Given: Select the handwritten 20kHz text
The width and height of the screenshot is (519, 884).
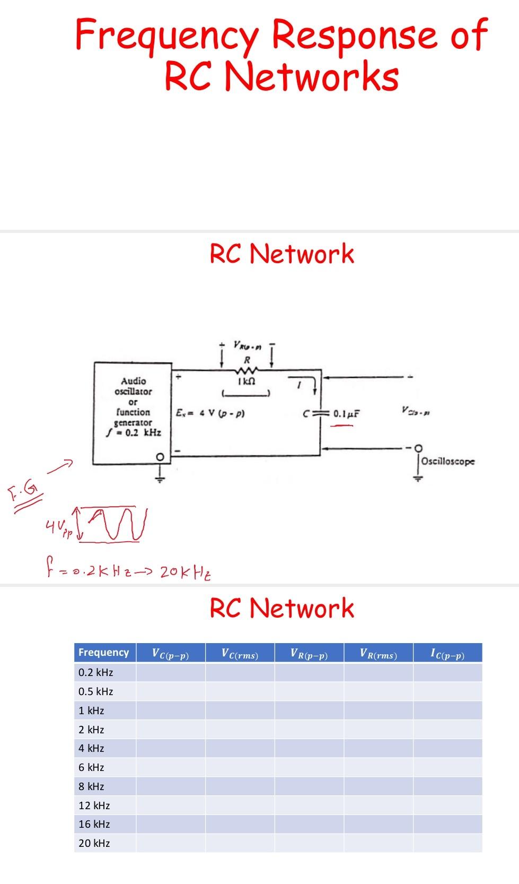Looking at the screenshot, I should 185,572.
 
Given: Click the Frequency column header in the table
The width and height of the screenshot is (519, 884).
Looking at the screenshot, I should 104,652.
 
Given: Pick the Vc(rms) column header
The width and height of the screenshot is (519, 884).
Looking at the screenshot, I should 240,653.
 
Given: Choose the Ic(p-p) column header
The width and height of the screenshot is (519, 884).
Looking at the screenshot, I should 447,653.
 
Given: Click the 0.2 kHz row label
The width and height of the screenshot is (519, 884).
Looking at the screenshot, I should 95,672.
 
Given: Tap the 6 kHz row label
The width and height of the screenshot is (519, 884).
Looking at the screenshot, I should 91,767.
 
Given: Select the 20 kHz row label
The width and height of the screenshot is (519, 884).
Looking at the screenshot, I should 94,843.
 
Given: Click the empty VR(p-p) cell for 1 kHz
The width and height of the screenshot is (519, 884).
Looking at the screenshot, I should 309,710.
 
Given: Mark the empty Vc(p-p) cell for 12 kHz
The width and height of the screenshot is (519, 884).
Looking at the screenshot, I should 170,805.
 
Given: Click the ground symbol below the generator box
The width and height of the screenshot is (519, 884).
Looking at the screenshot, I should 157,477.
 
